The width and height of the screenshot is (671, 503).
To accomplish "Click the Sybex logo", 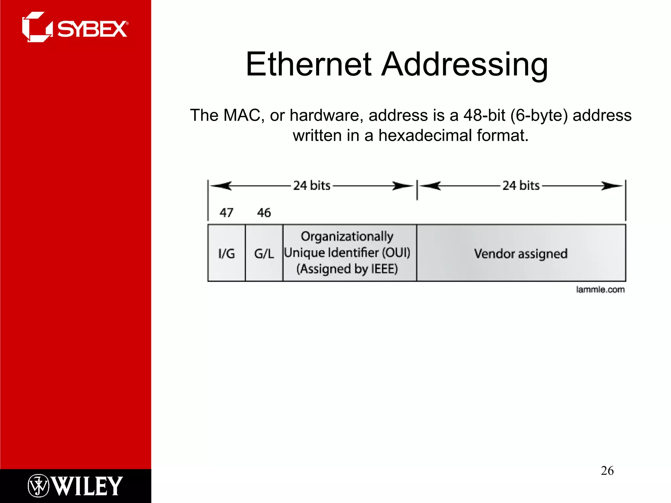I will point(75,28).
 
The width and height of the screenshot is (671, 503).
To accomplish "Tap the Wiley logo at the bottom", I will point(75,486).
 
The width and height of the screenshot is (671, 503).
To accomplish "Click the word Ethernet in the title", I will point(309,65).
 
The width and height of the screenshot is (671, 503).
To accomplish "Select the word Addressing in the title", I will point(465,65).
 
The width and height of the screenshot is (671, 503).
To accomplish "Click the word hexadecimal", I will point(425,136).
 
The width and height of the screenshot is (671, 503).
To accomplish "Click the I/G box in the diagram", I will point(226,253).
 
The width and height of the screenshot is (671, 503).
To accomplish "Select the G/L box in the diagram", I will point(264,253).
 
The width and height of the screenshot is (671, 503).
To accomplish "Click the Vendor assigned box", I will point(521,253).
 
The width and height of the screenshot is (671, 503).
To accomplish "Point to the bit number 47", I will point(226,213).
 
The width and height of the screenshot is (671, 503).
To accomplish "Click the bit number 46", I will point(264,213).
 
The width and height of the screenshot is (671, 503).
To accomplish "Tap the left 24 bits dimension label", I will point(312,186).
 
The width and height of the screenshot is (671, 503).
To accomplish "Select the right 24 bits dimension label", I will point(521,186).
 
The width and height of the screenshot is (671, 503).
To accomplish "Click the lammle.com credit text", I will point(600,289).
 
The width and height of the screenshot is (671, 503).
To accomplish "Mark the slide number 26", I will point(607,471).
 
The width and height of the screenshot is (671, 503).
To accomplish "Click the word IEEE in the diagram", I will point(384,269).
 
